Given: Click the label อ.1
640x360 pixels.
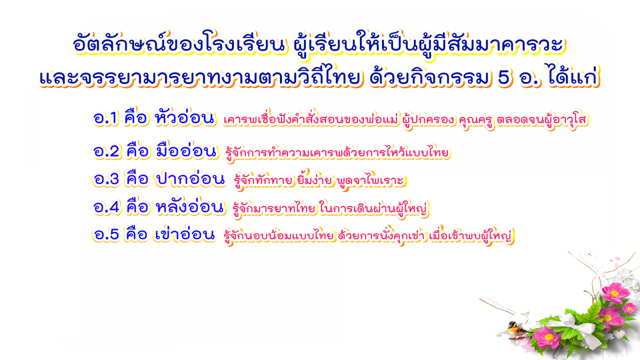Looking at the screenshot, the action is pyautogui.click(x=106, y=118).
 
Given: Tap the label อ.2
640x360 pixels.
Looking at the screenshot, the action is pyautogui.click(x=106, y=151).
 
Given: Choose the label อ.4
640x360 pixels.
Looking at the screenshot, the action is pyautogui.click(x=106, y=207).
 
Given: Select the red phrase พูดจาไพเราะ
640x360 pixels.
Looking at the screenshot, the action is pyautogui.click(x=370, y=180).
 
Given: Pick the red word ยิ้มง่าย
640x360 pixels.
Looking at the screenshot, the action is pyautogui.click(x=314, y=180).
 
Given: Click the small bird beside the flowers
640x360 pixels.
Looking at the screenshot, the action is pyautogui.click(x=514, y=328).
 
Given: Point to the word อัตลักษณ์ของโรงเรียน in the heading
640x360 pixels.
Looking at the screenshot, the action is pyautogui.click(x=179, y=44).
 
